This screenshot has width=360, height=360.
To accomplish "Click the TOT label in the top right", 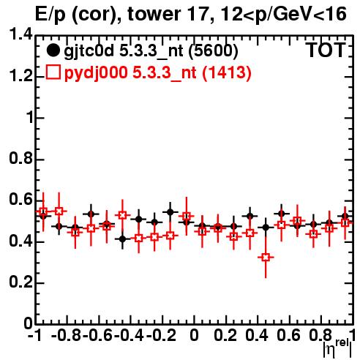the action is [x=326, y=50].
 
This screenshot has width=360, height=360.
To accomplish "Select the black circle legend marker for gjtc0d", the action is [x=53, y=50].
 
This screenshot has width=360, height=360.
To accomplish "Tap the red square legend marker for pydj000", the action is [x=53, y=72].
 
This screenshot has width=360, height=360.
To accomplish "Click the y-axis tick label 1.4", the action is [x=20, y=34].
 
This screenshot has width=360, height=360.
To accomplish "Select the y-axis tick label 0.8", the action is [x=20, y=158].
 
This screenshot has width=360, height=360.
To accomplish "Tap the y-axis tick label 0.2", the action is [x=20, y=282].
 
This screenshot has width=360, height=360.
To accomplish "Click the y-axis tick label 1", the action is [x=30, y=117].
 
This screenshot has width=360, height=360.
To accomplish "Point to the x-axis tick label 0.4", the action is [x=257, y=335].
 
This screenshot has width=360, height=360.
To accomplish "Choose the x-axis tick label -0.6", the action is [x=98, y=335].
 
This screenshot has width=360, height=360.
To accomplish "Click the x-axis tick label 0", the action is [x=194, y=335].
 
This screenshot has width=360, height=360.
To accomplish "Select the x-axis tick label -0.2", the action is [x=161, y=335].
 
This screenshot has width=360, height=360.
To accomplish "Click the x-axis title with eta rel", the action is [x=338, y=348].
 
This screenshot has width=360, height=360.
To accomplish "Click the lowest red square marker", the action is [x=266, y=257].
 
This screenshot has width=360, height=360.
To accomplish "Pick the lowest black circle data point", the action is [x=123, y=239].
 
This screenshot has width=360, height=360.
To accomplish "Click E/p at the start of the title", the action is [x=50, y=15].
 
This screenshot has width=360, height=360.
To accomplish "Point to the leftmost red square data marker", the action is [x=43, y=211].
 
